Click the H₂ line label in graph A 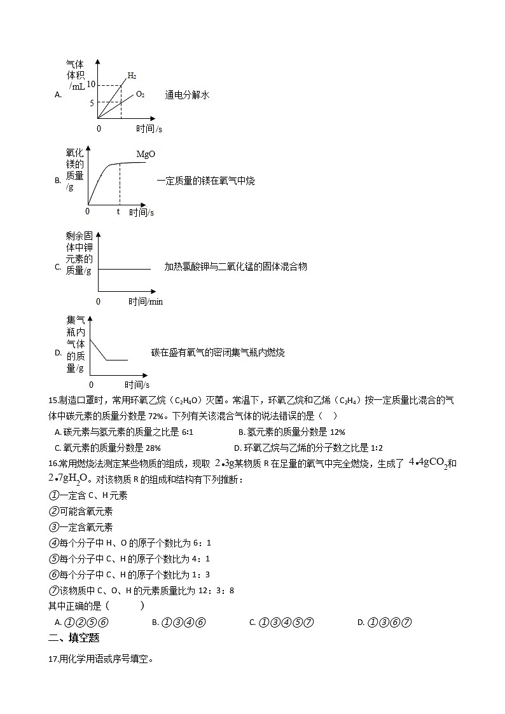(x=132, y=76)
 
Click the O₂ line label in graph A (x=140, y=95)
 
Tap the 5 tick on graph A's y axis (x=92, y=102)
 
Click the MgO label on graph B (x=146, y=154)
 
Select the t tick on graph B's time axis (x=118, y=211)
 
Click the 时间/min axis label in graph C (x=145, y=301)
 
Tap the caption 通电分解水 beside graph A (x=187, y=95)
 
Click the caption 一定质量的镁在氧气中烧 (x=205, y=181)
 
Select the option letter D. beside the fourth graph (x=58, y=353)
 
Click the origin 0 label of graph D (x=91, y=385)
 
